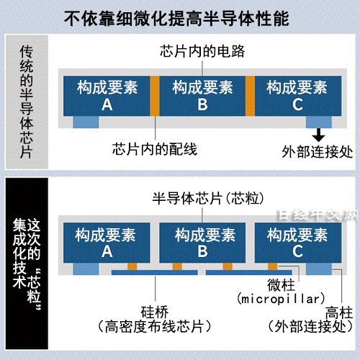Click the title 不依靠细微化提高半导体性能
pos(176,19)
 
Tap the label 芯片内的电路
pos(202,51)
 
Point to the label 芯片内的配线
pos(155,149)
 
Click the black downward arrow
pos(318,135)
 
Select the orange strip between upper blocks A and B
pos(155,96)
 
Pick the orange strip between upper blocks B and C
pos(250,96)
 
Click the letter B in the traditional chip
pos(202,104)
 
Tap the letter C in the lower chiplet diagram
pos(297,251)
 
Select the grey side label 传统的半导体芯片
pos(27,102)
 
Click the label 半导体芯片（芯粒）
pos(208,199)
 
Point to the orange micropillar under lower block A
pos(132,266)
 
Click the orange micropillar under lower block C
pos(273,266)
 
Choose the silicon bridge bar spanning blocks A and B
pos(155,272)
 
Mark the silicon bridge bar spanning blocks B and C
pos(249,272)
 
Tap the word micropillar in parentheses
pos(281,300)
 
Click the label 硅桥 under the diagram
pos(155,312)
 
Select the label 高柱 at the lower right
pos(339,312)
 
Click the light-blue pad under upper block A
pos(86,122)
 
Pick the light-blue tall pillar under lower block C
pos(319,269)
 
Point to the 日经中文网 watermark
pos(318,215)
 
